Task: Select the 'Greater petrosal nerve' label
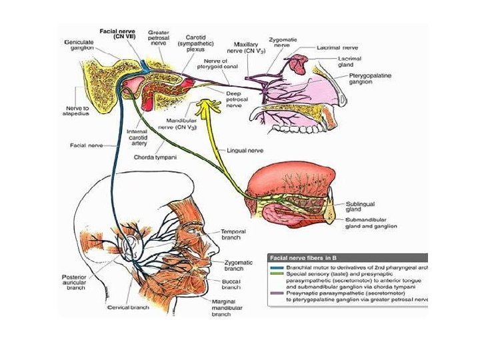(158, 37)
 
